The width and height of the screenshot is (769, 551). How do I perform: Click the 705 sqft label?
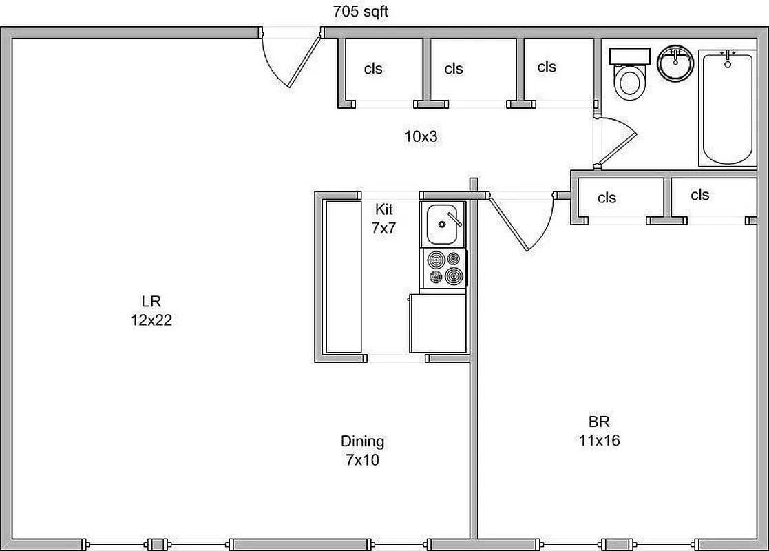[x=360, y=11]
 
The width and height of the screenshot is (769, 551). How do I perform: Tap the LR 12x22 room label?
[x=151, y=310]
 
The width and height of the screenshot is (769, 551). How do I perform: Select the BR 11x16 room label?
[x=599, y=430]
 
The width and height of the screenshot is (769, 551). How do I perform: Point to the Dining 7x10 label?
[x=362, y=450]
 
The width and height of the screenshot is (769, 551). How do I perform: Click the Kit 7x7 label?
[x=384, y=218]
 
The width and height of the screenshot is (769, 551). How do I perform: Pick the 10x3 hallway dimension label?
[x=421, y=136]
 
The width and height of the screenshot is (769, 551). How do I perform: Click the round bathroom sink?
[x=675, y=63]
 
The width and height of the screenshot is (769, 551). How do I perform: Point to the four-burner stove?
[x=443, y=268]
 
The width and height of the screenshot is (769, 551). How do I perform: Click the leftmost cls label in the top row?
[x=373, y=69]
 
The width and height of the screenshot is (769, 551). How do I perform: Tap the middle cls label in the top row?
[x=454, y=69]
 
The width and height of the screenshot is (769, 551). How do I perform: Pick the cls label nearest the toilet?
[x=547, y=67]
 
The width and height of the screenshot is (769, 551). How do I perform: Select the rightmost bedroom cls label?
[x=699, y=195]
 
